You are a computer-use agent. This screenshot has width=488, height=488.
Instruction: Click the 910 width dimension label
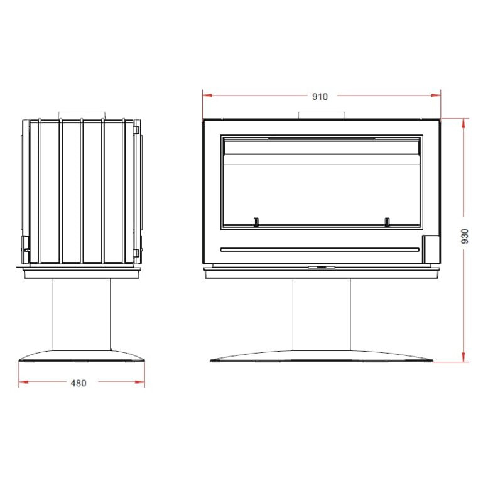[320, 97]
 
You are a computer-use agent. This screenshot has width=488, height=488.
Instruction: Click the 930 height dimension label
[465, 236]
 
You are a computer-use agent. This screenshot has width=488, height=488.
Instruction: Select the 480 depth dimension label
[79, 383]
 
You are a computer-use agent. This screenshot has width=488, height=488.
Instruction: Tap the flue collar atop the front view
[322, 115]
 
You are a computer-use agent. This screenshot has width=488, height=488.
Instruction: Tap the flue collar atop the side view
[82, 115]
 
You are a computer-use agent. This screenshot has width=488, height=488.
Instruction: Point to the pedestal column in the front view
[322, 314]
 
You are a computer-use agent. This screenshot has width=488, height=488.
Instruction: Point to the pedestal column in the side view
[82, 314]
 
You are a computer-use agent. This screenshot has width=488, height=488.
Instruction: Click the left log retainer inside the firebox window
[256, 222]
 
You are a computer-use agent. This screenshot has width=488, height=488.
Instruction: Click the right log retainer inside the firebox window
[387, 222]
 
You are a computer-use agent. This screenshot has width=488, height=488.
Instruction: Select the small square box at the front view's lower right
[431, 249]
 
